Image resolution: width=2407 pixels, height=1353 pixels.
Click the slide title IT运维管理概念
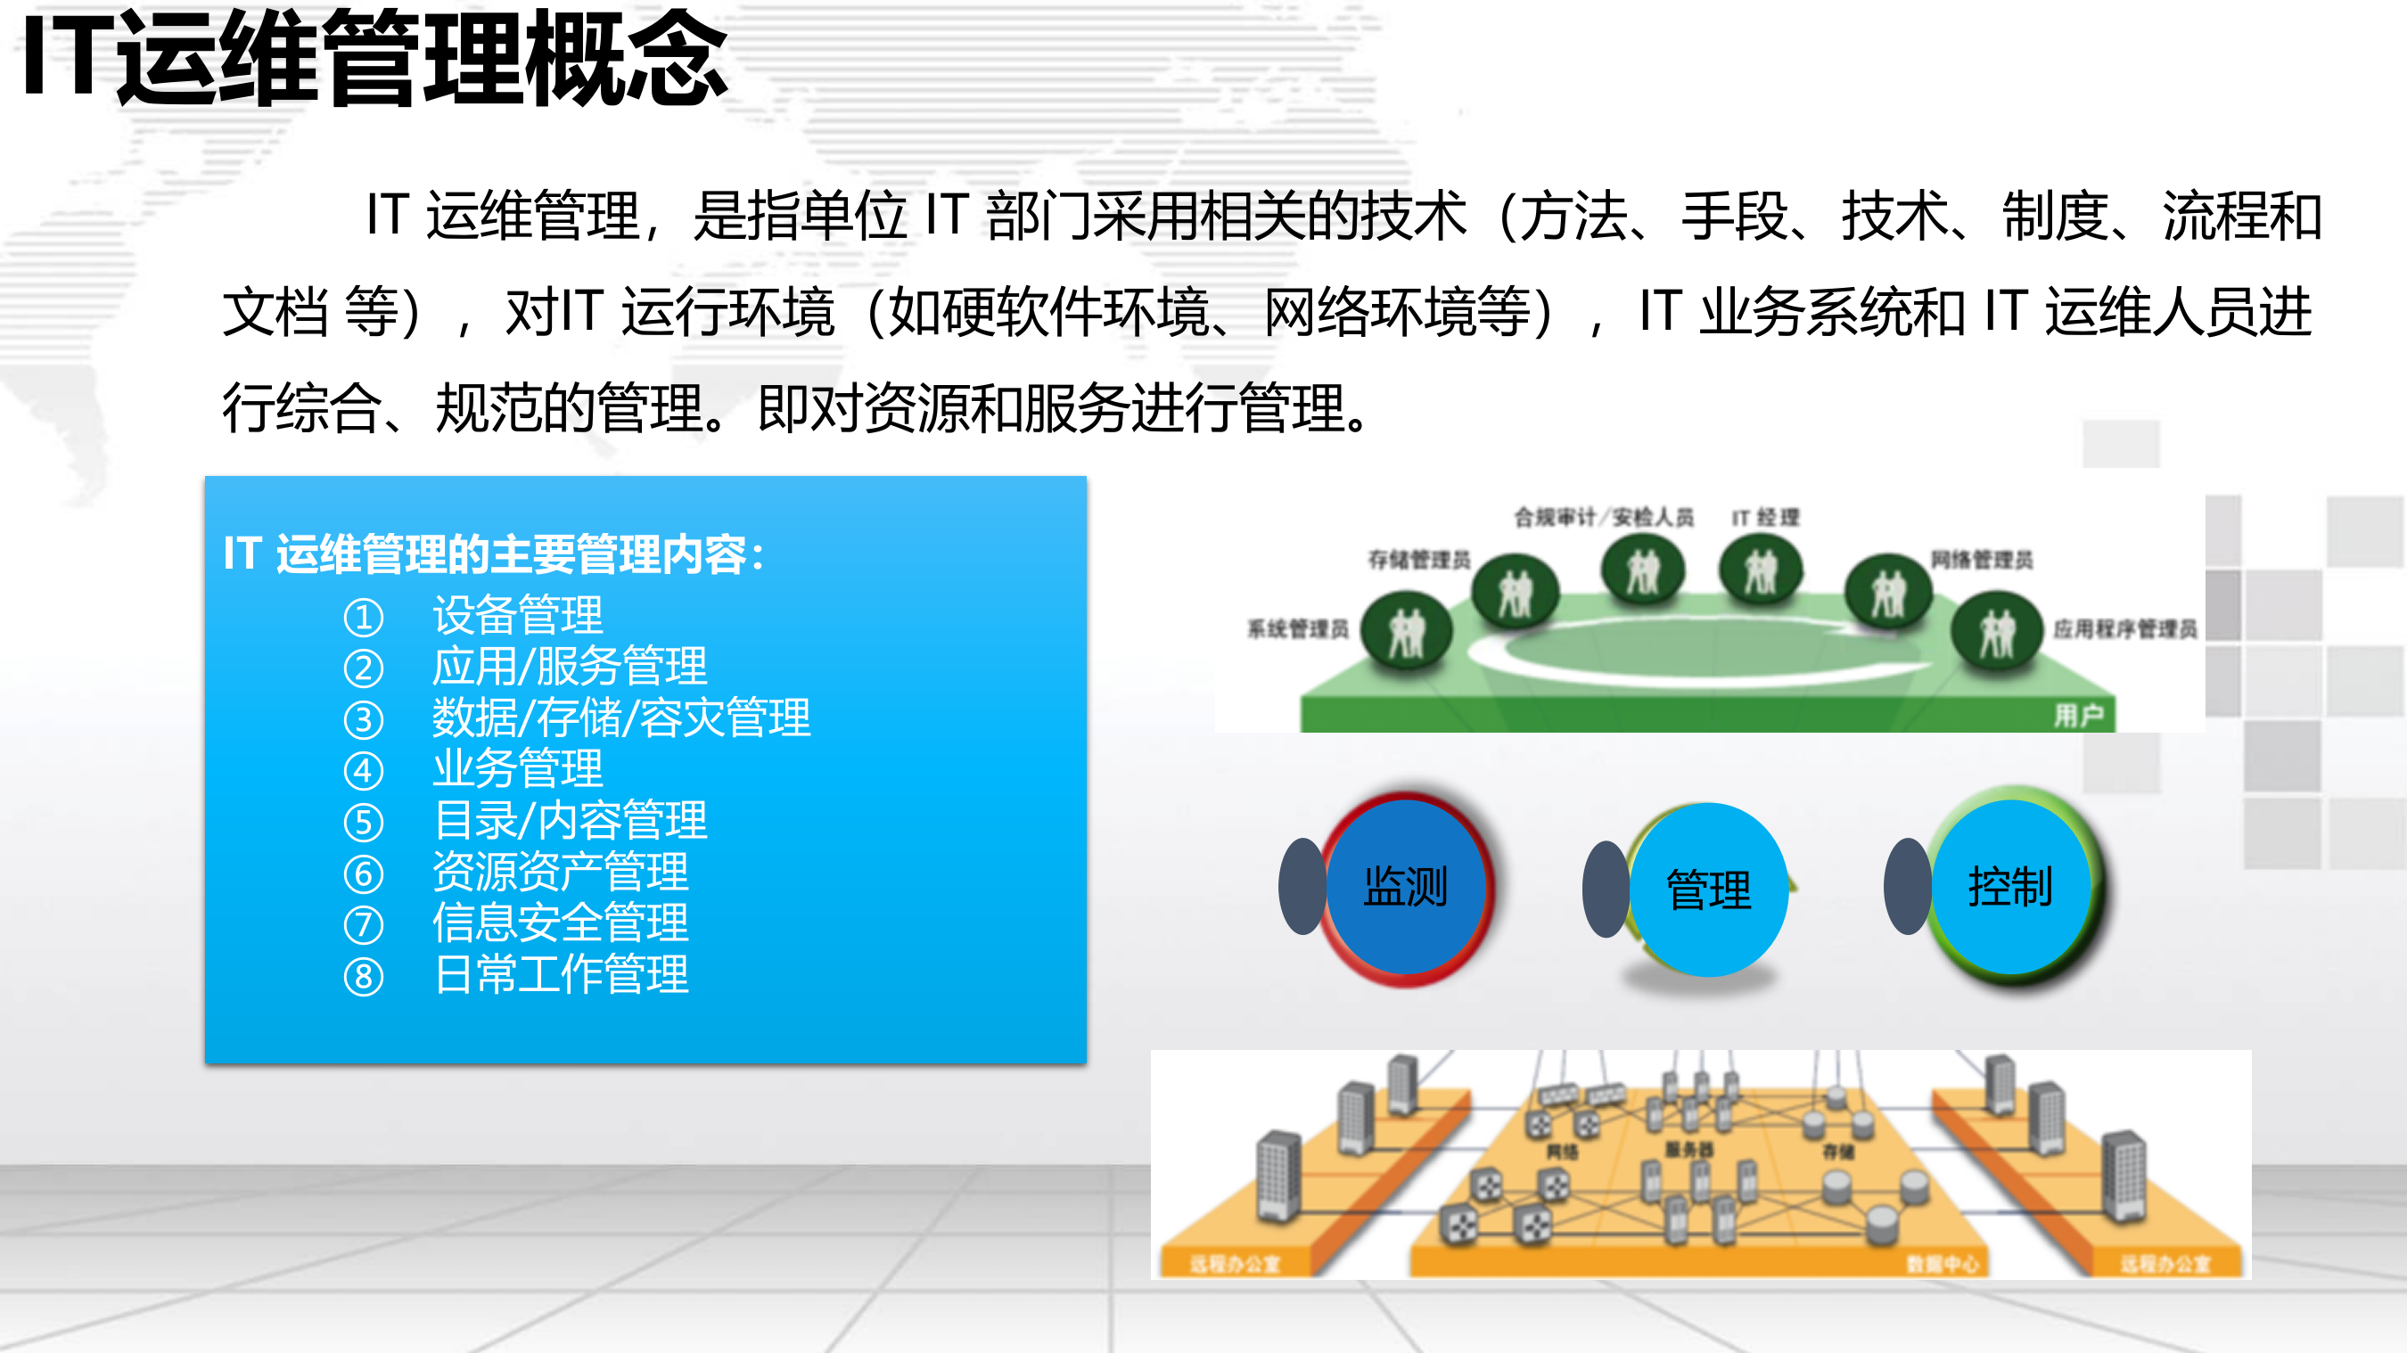pyautogui.click(x=374, y=58)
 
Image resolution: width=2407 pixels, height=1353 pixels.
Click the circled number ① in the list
pyautogui.click(x=364, y=617)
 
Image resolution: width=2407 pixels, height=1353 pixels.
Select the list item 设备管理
pyautogui.click(x=518, y=615)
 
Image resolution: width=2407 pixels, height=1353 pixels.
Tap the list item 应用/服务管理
pyautogui.click(x=569, y=666)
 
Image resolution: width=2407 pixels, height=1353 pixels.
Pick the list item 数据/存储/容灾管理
pyautogui.click(x=620, y=717)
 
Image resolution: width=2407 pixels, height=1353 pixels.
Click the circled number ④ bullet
pyautogui.click(x=364, y=771)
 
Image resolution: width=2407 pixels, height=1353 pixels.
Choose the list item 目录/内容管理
pyautogui.click(x=569, y=820)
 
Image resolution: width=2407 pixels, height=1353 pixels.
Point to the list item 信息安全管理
pyautogui.click(x=560, y=923)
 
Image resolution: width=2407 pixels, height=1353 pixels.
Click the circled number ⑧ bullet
pyautogui.click(x=364, y=977)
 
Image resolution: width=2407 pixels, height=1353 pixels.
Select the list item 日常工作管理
pyautogui.click(x=560, y=974)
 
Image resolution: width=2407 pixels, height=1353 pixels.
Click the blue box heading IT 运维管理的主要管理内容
pyautogui.click(x=492, y=554)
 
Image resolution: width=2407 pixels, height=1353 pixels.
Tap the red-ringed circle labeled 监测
pyautogui.click(x=1405, y=888)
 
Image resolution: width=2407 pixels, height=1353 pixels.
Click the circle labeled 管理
pyautogui.click(x=1708, y=890)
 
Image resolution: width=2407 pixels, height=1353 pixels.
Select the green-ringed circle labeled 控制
pyautogui.click(x=2011, y=888)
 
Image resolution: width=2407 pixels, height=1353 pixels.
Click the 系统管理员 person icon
pyautogui.click(x=1406, y=633)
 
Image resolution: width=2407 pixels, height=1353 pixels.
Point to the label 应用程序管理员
pyautogui.click(x=2124, y=629)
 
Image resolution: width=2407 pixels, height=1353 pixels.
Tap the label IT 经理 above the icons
pyautogui.click(x=1765, y=518)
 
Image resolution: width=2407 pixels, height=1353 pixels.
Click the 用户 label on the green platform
pyautogui.click(x=2078, y=716)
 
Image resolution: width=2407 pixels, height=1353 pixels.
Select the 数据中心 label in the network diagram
pyautogui.click(x=1943, y=1264)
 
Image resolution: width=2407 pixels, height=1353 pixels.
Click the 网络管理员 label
pyautogui.click(x=1982, y=560)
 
